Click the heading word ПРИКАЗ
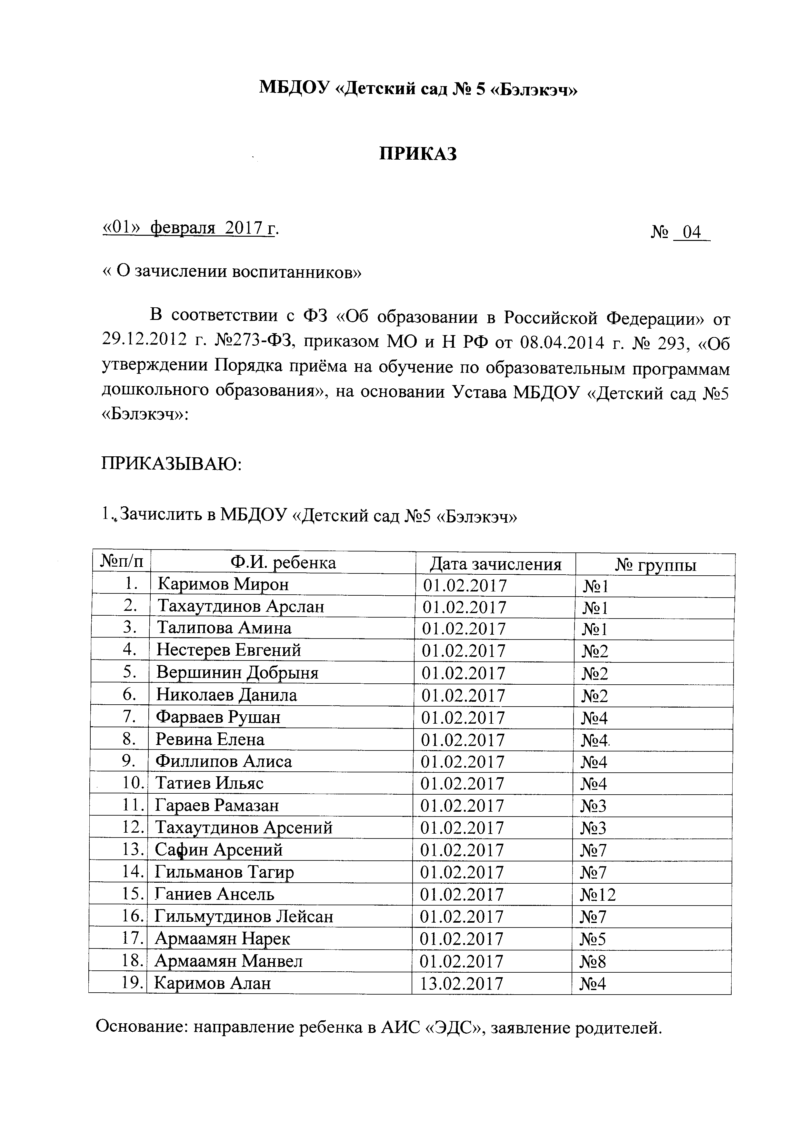click(x=418, y=154)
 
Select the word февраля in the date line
click(x=183, y=229)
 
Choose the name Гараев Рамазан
click(x=217, y=805)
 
